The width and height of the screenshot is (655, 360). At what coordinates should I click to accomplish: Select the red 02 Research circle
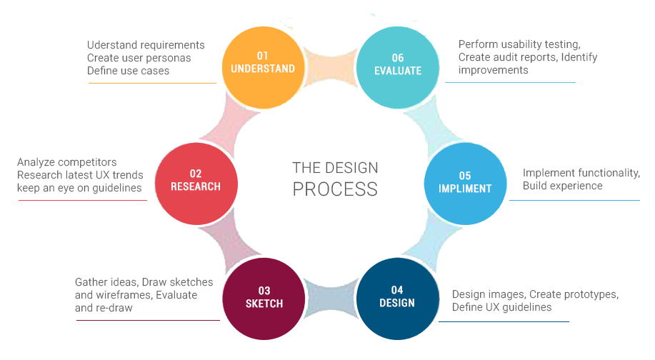tap(195, 180)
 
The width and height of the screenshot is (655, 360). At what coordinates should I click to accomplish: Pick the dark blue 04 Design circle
tap(396, 296)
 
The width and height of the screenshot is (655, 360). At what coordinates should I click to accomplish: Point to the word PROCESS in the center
tap(335, 189)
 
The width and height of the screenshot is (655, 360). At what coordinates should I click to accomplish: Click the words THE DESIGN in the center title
tap(335, 168)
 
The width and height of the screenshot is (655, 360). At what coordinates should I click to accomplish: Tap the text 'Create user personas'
tap(139, 58)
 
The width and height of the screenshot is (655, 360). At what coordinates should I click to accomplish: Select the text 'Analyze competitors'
tap(66, 162)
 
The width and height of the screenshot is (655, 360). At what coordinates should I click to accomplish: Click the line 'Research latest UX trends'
tap(80, 175)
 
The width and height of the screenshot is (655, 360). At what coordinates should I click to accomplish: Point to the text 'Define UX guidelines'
tap(501, 307)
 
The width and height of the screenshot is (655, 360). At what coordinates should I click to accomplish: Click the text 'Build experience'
tap(562, 186)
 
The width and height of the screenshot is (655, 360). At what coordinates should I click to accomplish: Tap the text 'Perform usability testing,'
tap(519, 44)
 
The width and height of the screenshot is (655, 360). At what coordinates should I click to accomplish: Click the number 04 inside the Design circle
tap(397, 290)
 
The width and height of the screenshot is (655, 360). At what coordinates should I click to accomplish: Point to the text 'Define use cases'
tap(129, 71)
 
